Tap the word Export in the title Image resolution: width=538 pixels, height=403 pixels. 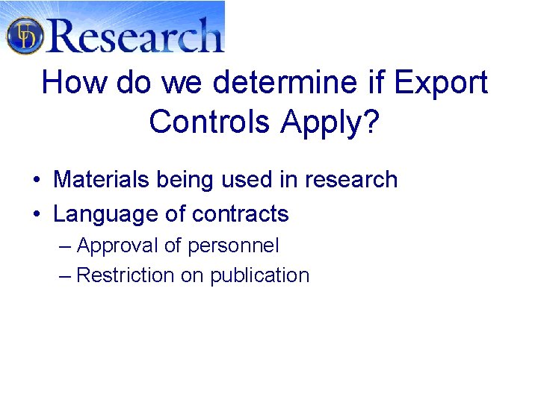441,83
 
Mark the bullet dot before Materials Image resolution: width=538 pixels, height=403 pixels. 36,181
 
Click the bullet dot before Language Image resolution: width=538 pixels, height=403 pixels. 36,215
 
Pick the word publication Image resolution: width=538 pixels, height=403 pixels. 259,275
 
